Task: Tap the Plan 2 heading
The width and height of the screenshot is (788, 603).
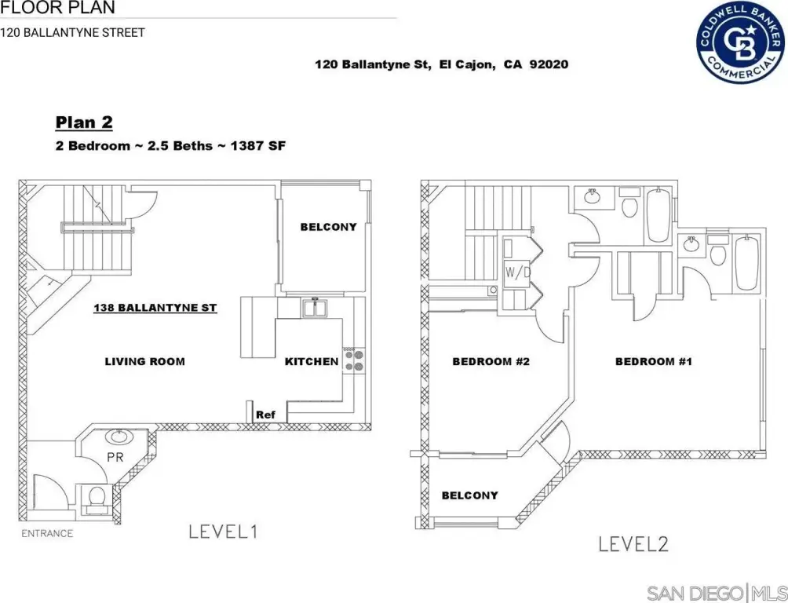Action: click(x=84, y=122)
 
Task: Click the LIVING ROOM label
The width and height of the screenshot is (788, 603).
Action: click(x=144, y=362)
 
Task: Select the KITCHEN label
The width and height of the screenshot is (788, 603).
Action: click(x=312, y=362)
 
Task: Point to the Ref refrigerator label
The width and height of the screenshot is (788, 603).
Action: click(x=266, y=415)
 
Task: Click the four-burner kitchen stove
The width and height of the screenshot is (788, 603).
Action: click(x=354, y=360)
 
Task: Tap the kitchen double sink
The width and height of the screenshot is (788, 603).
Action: click(x=315, y=308)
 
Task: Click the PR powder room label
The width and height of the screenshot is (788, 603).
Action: click(x=115, y=458)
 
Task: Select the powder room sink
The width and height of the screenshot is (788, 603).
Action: click(x=119, y=436)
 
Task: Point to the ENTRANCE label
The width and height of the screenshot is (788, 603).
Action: click(x=47, y=534)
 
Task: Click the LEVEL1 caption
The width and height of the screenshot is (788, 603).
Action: click(x=223, y=532)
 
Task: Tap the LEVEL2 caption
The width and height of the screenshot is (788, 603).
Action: click(x=633, y=544)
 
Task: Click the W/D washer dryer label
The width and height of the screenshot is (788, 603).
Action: click(x=518, y=273)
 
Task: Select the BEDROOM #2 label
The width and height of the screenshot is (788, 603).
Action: click(x=491, y=362)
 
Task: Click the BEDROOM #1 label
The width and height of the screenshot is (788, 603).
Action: click(x=654, y=362)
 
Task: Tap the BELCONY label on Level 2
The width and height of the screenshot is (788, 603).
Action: click(x=470, y=495)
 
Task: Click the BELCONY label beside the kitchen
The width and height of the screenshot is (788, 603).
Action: click(x=329, y=227)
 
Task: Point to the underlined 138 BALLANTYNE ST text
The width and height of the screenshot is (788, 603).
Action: click(x=155, y=308)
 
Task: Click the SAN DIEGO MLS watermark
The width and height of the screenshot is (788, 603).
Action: click(x=717, y=593)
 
